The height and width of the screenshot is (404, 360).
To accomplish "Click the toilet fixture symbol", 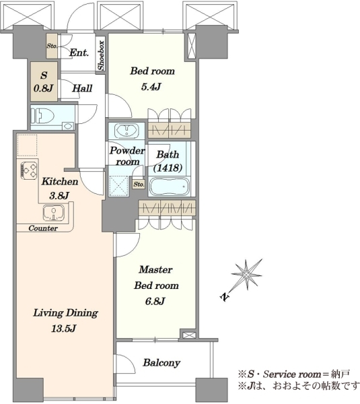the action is (42, 116).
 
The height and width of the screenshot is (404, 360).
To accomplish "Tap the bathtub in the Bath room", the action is (170, 187).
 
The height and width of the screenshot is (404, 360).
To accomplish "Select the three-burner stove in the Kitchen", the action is (29, 170).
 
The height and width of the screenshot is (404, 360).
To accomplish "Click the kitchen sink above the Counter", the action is (54, 213).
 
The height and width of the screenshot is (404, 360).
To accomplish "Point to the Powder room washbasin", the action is (127, 130).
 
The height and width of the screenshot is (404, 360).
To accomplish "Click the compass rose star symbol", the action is (246, 275).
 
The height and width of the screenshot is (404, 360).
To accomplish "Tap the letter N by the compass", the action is (224, 296).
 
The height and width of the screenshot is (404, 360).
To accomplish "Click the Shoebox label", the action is (101, 55).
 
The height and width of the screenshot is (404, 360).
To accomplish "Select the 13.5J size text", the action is (64, 329).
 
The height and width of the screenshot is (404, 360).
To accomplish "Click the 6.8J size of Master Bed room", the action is (155, 301).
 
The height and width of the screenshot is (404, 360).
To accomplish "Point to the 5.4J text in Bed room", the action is (151, 87).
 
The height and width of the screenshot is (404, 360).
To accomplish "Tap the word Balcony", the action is (161, 363).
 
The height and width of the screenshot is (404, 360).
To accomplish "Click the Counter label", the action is (43, 228).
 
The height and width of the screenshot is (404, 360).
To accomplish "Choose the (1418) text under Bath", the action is (168, 168).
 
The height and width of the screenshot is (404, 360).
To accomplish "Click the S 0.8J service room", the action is (44, 81).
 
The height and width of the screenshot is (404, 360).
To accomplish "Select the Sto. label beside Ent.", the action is (52, 46).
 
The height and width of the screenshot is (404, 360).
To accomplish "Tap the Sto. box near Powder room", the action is (139, 184).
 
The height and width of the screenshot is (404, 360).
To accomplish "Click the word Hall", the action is (82, 89).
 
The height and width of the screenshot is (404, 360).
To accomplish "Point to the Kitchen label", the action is (60, 182).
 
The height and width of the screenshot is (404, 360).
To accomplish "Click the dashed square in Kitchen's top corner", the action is (27, 145).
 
